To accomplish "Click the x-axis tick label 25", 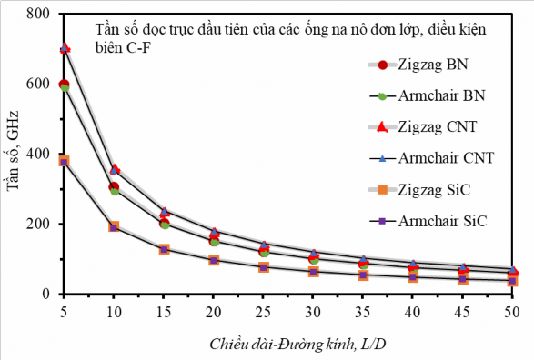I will point(263,309).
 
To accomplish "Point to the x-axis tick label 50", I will point(512,309).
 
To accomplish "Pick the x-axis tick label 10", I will point(114,309).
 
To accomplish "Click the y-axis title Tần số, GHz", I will point(13,155).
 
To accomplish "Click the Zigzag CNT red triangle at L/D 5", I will point(64,47).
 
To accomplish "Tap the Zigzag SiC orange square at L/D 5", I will point(64,161).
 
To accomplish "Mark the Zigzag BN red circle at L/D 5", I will point(64,85).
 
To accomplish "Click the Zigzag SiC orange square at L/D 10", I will point(114,226).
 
